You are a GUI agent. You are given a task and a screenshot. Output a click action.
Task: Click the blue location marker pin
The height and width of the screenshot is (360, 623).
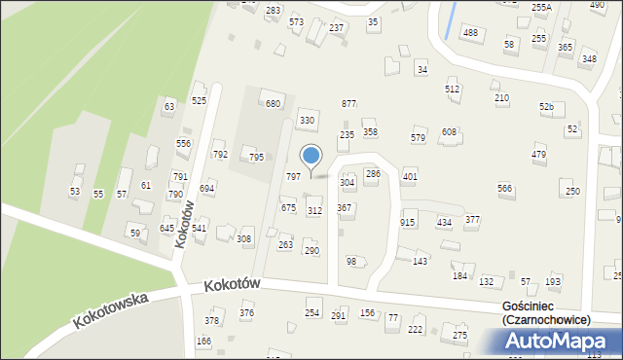coord(311,157)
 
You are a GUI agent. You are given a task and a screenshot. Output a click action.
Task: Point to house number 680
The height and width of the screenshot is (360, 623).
coord(274,104)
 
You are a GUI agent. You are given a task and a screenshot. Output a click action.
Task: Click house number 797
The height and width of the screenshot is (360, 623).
coord(292,176)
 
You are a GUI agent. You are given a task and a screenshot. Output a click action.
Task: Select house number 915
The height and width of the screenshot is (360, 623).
coord(408,223)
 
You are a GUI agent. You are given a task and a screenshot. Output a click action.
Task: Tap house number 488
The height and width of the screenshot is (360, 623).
coord(471,33)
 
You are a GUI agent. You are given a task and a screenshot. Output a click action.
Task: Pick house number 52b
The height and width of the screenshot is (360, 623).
coord(546,106)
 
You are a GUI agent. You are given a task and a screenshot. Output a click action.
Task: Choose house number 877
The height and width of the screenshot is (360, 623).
coord(348,104)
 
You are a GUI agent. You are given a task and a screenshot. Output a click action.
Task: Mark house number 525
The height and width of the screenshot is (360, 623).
coord(199,101)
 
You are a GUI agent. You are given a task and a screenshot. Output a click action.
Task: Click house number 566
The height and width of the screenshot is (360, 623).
coord(504,188)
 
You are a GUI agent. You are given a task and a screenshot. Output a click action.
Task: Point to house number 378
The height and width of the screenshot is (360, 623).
coord(211,320)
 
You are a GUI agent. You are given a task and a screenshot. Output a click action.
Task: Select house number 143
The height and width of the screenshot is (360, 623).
coord(421,262)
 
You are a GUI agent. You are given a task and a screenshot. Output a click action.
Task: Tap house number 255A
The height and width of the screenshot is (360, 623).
coord(541,7)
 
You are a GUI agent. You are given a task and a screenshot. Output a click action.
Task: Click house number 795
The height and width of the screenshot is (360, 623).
coord(256,157)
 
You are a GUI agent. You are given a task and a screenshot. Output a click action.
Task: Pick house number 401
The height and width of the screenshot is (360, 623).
coord(410,177)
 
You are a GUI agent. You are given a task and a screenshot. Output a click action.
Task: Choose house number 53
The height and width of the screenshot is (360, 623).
coord(75,193)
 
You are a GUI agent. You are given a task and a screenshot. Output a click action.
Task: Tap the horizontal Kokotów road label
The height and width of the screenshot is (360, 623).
coord(234,285)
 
